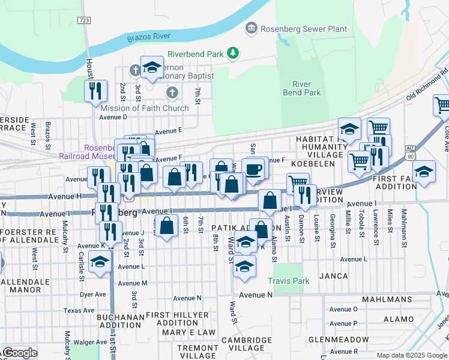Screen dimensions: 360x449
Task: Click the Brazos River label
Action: click(x=149, y=37)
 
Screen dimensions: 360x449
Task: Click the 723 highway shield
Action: click(x=84, y=20)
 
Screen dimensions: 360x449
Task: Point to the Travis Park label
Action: click(x=289, y=280)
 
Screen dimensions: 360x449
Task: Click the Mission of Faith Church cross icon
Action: click(x=172, y=93)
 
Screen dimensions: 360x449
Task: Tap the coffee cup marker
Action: click(x=253, y=169)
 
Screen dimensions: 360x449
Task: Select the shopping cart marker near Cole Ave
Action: click(x=442, y=105)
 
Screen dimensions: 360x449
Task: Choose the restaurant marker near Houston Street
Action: click(x=95, y=91)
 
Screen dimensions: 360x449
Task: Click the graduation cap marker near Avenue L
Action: click(x=100, y=262)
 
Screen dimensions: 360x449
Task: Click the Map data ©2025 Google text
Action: click(x=411, y=355)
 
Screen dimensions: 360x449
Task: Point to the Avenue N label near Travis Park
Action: click(x=255, y=295)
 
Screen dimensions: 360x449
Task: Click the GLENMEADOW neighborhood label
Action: click(x=339, y=339)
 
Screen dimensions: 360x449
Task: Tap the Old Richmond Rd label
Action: click(x=427, y=84)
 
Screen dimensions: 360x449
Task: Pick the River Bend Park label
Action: click(x=306, y=88)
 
